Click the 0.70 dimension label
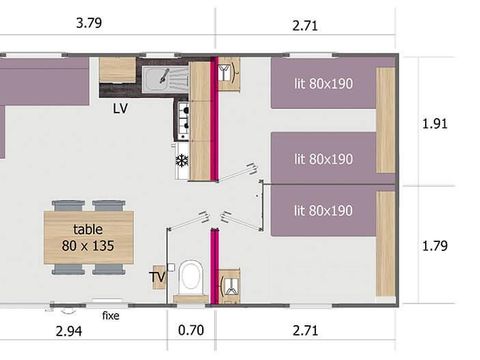190,327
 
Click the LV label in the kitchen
121,107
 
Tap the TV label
157,276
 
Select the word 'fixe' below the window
111,316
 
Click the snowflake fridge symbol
181,160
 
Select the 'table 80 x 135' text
88,236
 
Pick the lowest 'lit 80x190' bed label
323,211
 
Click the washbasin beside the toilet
228,282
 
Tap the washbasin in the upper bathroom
228,73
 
